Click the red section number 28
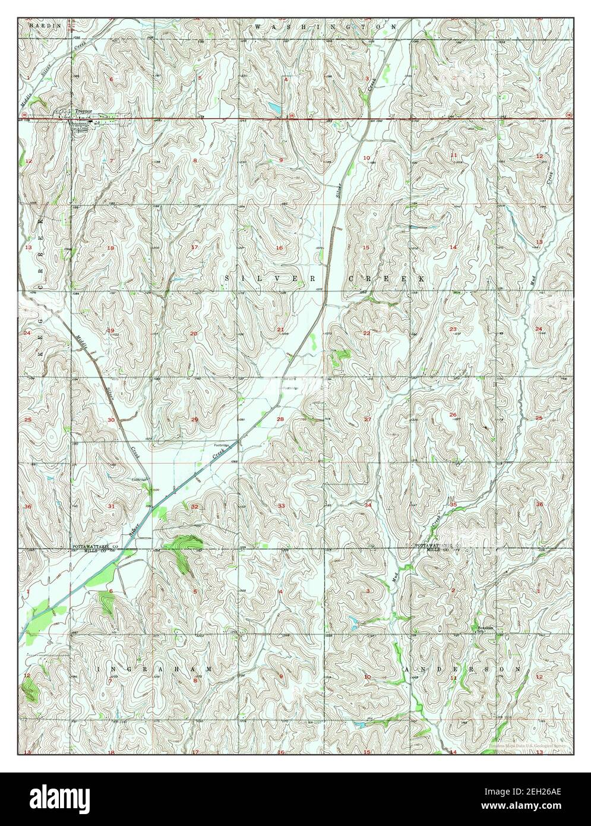(280, 420)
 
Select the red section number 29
(194, 420)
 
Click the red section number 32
(194, 506)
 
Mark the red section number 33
(281, 506)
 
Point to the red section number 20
(194, 333)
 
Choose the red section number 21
(280, 329)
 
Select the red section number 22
(366, 333)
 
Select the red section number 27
(367, 420)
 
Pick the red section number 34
(368, 505)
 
